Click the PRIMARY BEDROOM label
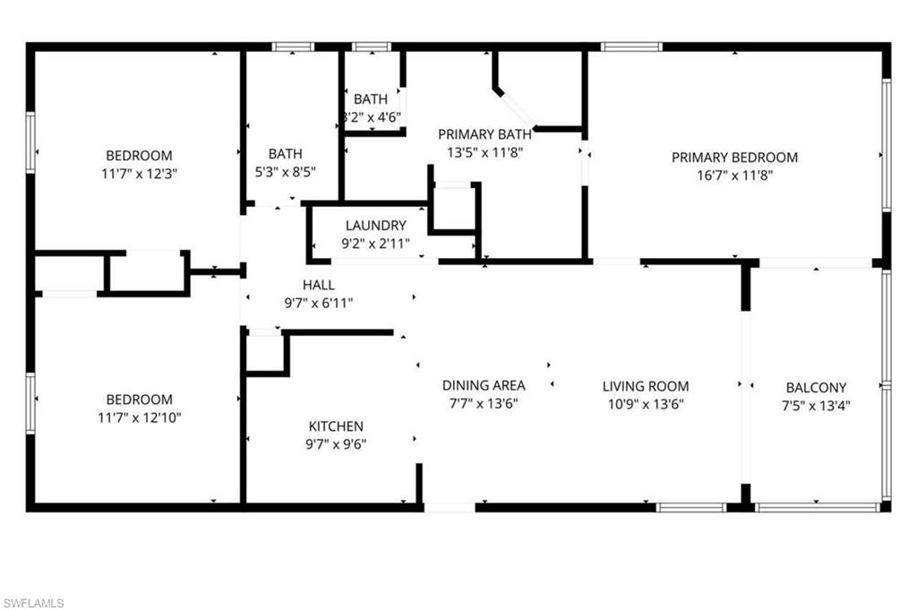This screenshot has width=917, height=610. [x=734, y=158]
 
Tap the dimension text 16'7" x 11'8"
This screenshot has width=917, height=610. [x=734, y=176]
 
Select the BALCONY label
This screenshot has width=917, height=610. [x=816, y=388]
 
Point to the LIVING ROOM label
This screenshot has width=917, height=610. [x=645, y=386]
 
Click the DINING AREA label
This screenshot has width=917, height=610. [x=484, y=385]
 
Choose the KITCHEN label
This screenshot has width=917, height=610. [x=336, y=426]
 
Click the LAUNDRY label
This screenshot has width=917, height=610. [x=375, y=226]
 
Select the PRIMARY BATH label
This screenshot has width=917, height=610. [x=484, y=134]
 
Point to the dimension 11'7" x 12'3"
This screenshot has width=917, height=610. [x=139, y=173]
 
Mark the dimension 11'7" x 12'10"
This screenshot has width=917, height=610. [x=139, y=417]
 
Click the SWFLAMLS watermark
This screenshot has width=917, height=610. [x=33, y=603]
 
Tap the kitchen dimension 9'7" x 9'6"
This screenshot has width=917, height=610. [x=336, y=443]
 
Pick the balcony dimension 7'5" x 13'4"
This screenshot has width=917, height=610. [x=816, y=405]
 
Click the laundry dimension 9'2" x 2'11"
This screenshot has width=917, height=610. [x=375, y=243]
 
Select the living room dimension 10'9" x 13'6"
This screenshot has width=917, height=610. [x=645, y=403]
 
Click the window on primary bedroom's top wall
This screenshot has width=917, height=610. [x=630, y=47]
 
